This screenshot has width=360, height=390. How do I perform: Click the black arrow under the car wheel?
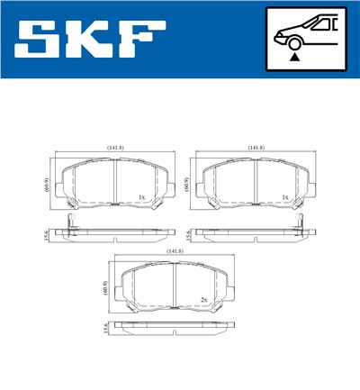tap(292, 55)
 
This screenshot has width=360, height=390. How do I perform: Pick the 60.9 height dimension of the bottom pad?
tap(105, 288)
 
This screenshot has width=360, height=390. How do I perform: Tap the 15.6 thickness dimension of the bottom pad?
tap(105, 331)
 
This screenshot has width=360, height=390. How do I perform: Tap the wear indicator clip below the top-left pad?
tap(69, 224)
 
